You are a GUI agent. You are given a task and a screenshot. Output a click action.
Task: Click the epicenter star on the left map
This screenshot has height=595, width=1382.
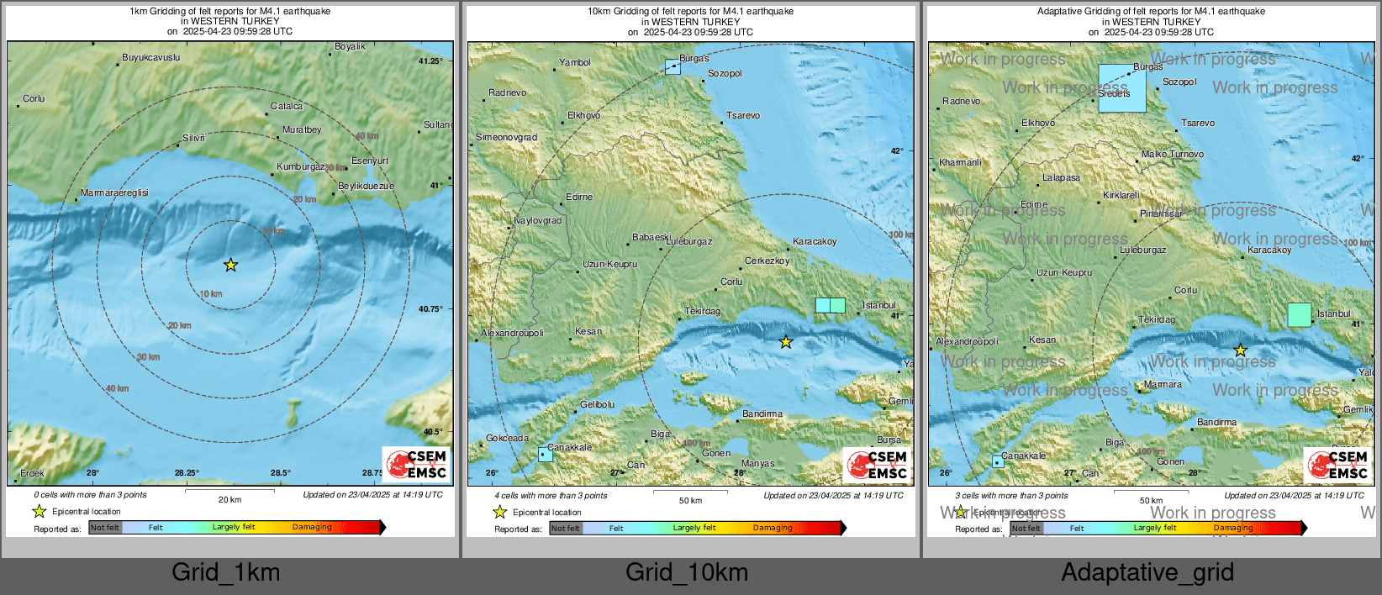point(230,265)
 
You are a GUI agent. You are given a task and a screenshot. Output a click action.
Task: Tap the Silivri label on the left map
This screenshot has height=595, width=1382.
point(193,138)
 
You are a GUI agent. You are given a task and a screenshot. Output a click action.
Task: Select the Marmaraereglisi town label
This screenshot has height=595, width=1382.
point(114,193)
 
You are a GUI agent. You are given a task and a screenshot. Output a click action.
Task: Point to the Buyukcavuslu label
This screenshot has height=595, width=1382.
point(150,58)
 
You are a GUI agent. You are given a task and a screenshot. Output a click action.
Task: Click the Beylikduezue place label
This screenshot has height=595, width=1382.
point(366,187)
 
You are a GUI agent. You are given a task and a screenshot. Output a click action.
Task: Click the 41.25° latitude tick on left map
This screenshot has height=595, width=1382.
point(430,61)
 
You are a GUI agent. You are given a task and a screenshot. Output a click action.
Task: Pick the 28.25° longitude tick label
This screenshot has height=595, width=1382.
point(187,473)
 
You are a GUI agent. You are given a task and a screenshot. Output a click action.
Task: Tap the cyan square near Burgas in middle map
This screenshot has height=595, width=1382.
point(673,66)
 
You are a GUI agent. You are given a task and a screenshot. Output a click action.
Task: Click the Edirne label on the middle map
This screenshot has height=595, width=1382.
point(579,197)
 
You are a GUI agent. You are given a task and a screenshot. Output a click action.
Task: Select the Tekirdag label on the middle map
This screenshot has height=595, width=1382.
point(702,312)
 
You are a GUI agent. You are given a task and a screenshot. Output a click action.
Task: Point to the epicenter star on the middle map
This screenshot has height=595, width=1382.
point(785,342)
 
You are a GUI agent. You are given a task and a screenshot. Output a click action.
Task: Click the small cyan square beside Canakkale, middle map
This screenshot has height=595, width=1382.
point(546,455)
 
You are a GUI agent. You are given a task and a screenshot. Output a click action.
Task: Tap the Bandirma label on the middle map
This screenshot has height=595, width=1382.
point(762,414)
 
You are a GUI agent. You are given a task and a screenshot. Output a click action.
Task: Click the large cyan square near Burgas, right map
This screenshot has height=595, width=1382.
point(1121,88)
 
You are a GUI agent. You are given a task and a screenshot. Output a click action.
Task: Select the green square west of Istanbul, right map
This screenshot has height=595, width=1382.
point(1299,315)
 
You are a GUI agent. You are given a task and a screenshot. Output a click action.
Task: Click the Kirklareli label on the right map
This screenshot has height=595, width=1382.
point(1121,196)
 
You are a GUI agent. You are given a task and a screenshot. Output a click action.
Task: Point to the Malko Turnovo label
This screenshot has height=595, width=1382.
point(1172,155)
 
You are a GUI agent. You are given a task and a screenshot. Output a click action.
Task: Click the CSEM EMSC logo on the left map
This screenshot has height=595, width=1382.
point(416,464)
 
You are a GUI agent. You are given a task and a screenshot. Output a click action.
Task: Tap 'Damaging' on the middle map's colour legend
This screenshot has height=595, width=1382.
point(773,529)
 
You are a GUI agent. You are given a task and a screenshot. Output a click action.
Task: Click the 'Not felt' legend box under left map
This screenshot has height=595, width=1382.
point(105,528)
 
